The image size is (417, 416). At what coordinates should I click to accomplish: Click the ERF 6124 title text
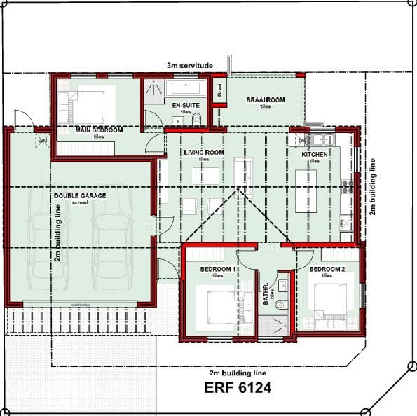[237, 387]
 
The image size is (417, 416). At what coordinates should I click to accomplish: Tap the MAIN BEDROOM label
[99, 130]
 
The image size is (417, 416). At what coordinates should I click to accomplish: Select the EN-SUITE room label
[184, 105]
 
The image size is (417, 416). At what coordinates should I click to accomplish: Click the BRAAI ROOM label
[265, 101]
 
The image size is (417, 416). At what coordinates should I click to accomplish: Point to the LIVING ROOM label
[203, 152]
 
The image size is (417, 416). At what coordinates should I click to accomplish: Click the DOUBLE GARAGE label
[79, 196]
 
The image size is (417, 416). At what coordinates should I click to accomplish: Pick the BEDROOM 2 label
[327, 269]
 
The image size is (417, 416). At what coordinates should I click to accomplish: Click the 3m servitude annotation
[189, 65]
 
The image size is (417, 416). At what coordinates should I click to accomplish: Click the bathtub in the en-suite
[185, 88]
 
